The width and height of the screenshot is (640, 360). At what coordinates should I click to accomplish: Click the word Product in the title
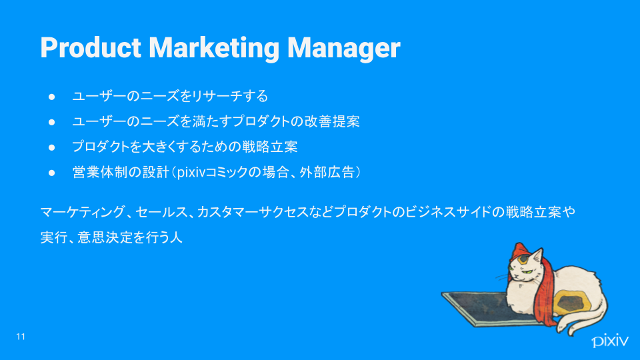(91, 48)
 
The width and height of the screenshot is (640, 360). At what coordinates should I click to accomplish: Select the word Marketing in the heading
(214, 49)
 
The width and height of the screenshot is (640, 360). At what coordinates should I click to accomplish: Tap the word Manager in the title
(344, 49)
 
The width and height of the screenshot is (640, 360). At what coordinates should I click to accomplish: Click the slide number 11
(21, 336)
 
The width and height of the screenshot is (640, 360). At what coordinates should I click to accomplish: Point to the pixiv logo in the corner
(610, 341)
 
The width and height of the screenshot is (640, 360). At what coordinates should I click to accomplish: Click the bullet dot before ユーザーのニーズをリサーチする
(51, 97)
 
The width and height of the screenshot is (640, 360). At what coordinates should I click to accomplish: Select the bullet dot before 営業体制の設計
(51, 173)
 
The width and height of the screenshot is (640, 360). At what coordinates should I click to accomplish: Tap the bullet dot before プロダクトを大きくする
(51, 147)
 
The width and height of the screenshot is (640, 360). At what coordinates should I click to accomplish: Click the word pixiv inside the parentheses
(191, 173)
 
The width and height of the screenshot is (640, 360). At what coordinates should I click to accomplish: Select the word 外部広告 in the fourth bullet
(327, 172)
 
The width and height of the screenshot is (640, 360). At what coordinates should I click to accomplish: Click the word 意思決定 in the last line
(105, 237)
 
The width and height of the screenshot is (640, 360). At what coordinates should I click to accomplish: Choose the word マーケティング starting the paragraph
(83, 212)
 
